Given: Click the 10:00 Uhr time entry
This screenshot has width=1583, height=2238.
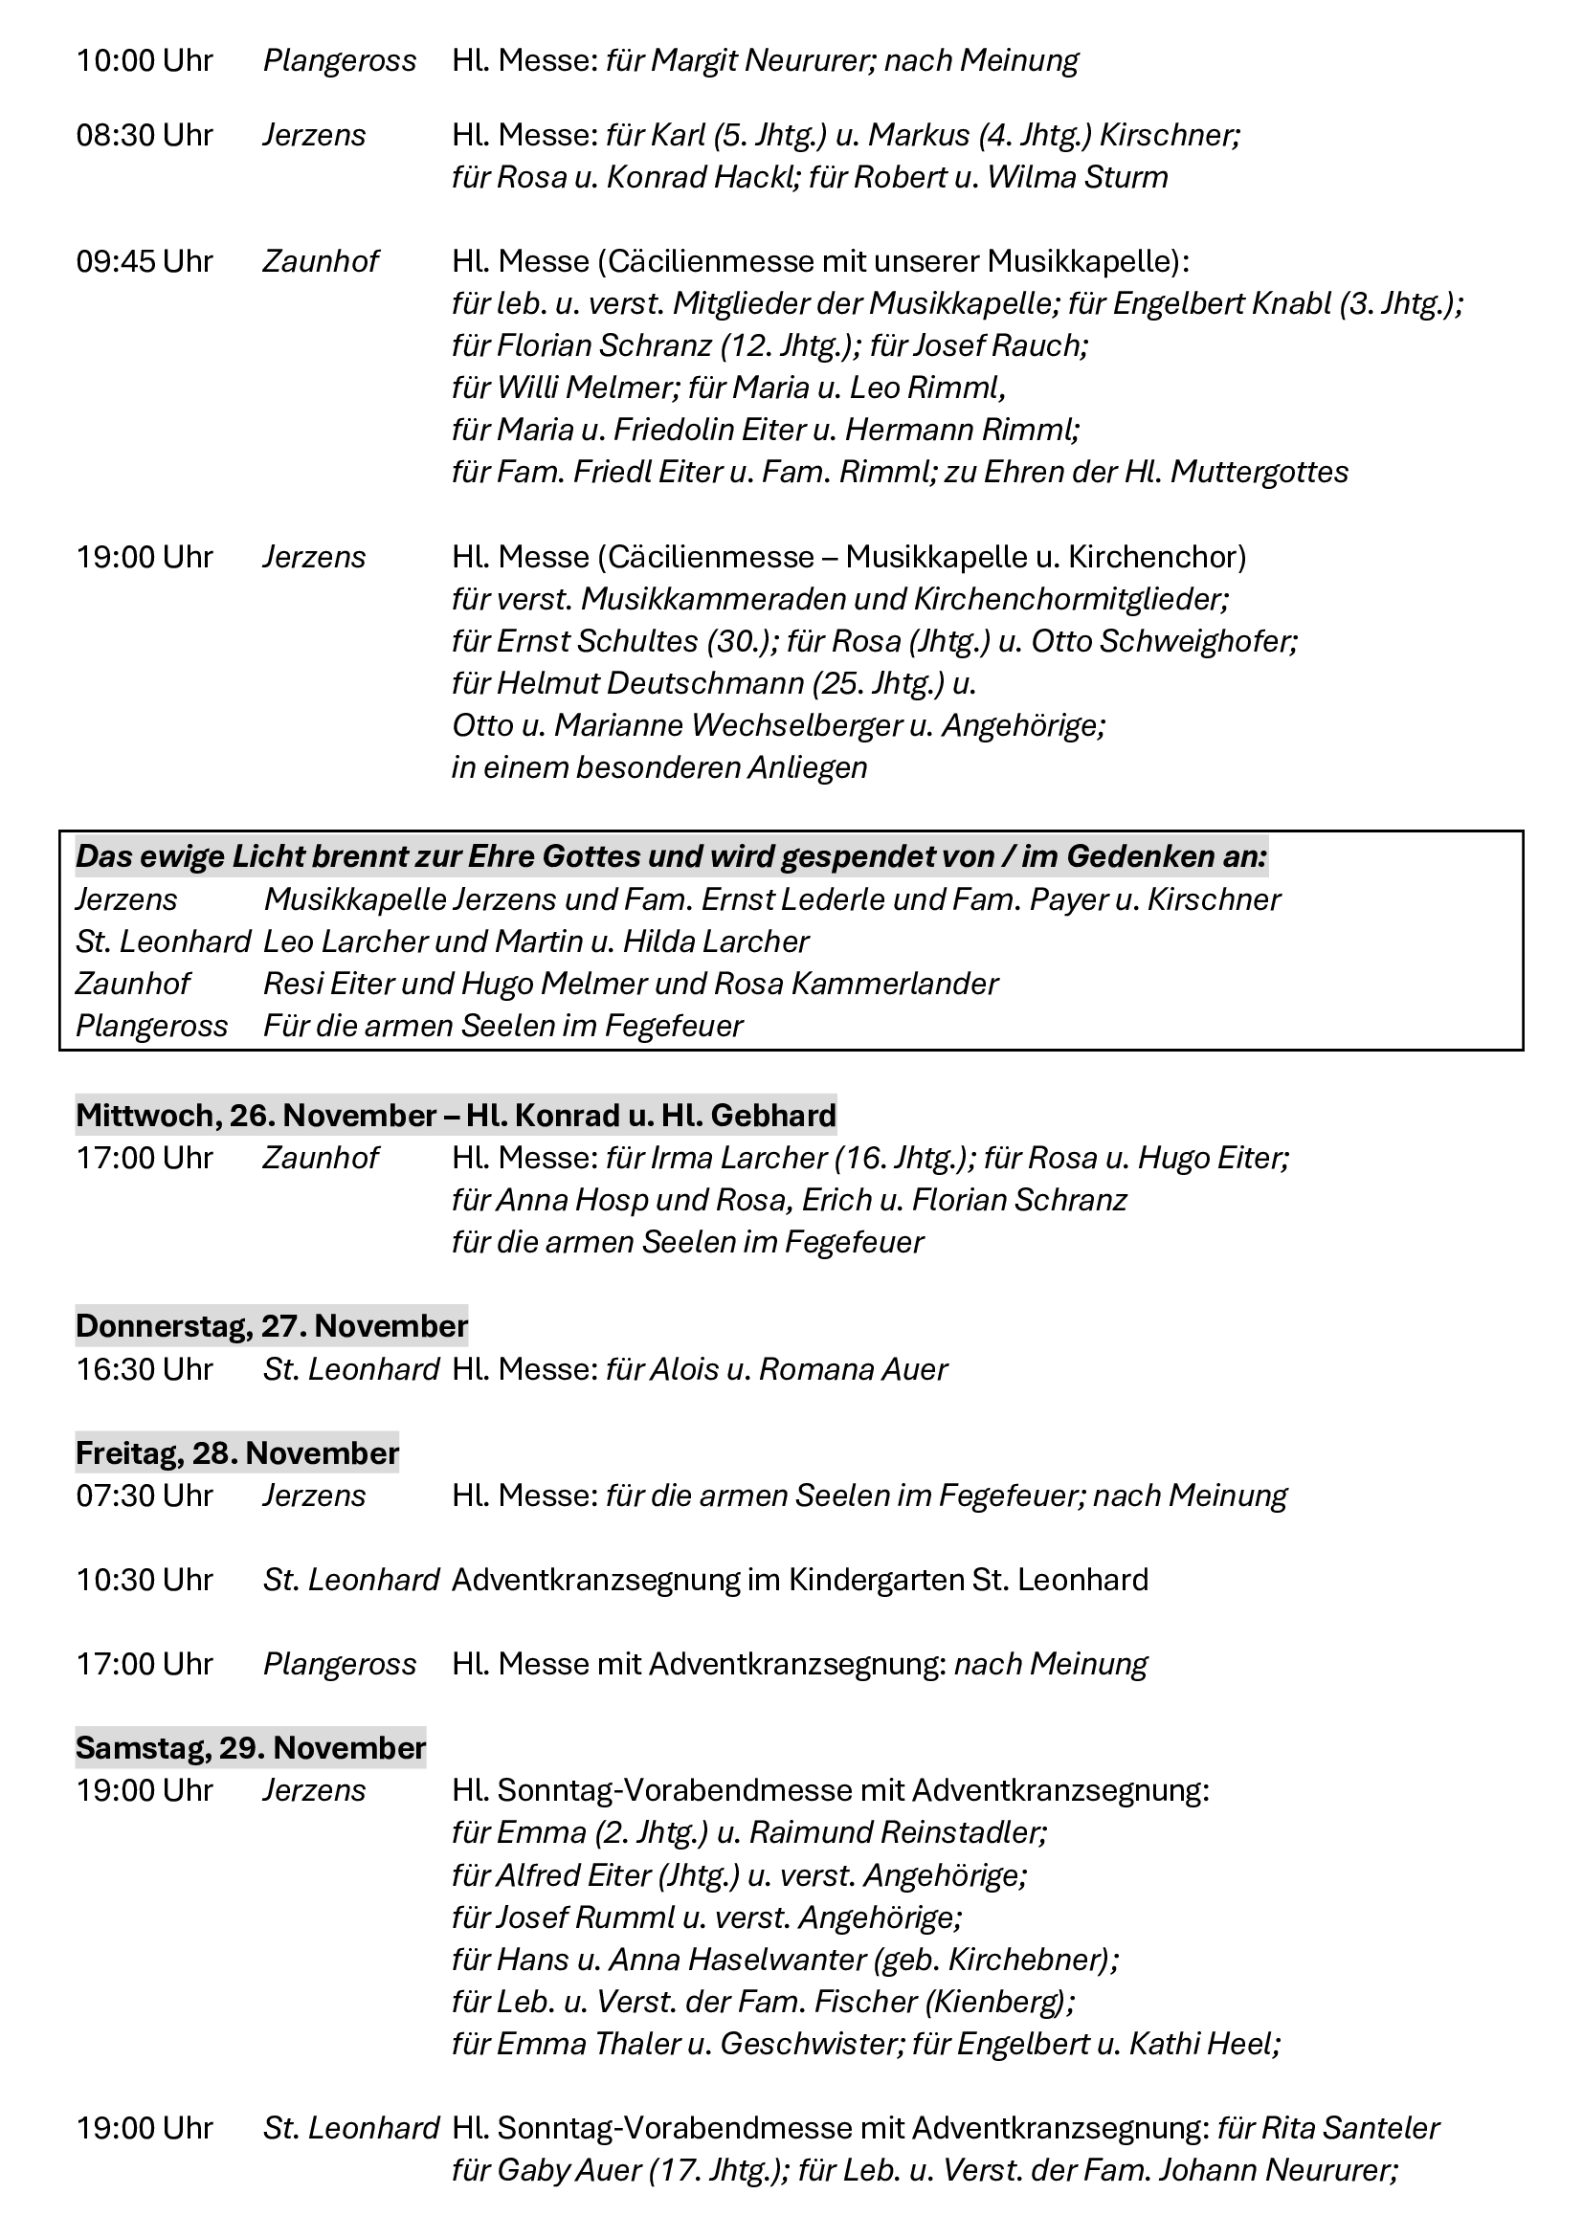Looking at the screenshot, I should (x=145, y=61).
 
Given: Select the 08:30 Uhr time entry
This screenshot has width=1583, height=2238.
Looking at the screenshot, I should (x=145, y=136).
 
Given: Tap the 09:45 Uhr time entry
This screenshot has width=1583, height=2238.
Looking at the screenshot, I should (x=145, y=262).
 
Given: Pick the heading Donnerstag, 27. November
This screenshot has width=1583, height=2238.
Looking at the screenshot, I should (x=272, y=1326).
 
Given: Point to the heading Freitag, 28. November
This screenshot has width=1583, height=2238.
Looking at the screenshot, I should (x=236, y=1453).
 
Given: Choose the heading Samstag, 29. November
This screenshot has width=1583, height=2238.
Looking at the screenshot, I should (x=251, y=1748).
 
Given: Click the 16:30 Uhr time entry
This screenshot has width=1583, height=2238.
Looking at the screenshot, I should (x=145, y=1369).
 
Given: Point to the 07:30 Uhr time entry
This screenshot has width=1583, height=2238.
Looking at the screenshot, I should (x=145, y=1496).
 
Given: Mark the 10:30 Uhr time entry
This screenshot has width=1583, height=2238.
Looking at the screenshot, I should (x=145, y=1580).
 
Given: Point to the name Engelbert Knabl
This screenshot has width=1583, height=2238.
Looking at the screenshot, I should (x=1221, y=304).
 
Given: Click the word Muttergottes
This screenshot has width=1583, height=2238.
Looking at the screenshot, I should (x=1260, y=473).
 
